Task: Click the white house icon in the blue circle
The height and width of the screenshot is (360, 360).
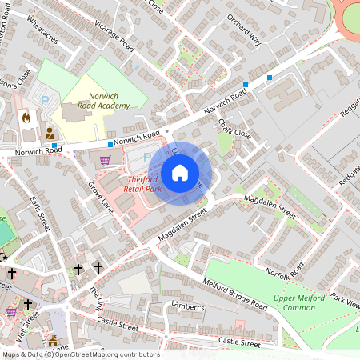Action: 180,172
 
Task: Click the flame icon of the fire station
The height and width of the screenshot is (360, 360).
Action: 27,117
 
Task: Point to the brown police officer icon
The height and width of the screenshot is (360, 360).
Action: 50,133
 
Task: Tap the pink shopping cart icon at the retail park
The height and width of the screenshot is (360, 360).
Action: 105,160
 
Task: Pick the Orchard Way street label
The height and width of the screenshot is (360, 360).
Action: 243,29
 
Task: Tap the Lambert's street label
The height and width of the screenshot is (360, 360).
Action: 189,306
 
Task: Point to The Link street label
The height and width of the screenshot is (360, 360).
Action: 96,298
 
